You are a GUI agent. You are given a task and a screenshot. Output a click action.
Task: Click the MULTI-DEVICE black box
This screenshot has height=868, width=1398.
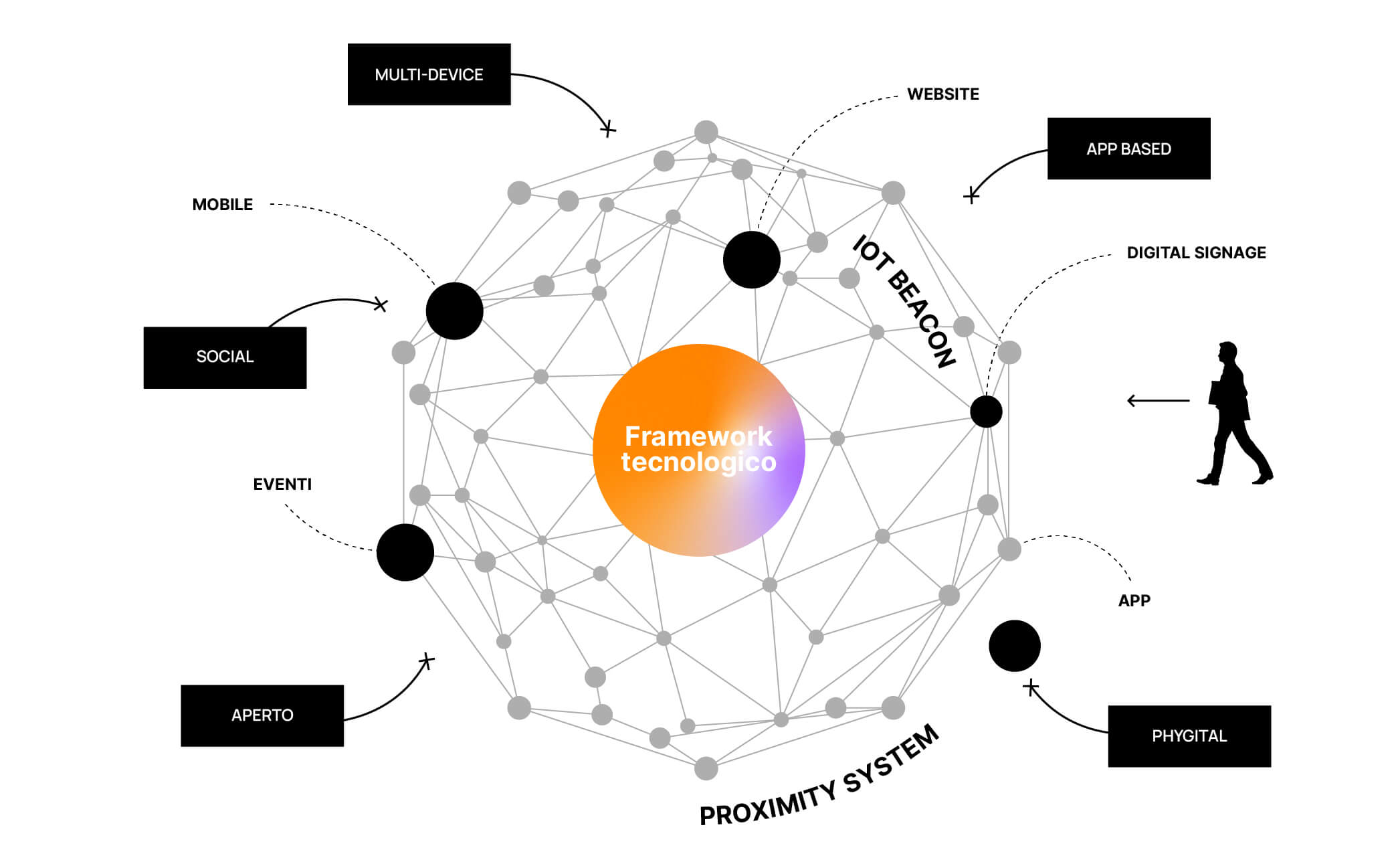[429, 74]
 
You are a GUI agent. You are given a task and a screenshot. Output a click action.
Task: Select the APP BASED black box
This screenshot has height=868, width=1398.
[1128, 149]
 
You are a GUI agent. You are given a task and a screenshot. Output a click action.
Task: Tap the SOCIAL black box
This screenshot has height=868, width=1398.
[225, 357]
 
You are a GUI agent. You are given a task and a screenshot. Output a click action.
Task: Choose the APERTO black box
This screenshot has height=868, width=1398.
[262, 715]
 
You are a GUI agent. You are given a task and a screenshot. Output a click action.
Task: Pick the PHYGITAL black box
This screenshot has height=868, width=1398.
[1189, 736]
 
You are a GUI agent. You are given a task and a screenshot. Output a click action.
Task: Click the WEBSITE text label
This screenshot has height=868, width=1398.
[942, 94]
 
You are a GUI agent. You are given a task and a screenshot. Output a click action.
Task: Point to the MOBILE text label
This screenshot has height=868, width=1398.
[223, 205]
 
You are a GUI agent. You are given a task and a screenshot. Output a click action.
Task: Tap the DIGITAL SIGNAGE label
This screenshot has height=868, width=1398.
[1196, 253]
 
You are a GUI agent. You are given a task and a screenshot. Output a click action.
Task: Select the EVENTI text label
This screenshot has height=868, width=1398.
[282, 485]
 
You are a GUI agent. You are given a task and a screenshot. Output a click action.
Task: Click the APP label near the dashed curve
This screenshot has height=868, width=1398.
[1134, 601]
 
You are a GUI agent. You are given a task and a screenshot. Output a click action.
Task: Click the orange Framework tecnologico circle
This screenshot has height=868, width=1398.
[698, 450]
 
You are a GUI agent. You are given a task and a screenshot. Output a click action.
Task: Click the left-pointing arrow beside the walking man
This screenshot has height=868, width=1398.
[1158, 401]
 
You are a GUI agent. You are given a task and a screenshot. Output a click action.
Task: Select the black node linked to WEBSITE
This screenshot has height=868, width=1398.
[752, 260]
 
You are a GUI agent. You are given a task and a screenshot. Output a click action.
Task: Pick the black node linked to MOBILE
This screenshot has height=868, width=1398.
[454, 311]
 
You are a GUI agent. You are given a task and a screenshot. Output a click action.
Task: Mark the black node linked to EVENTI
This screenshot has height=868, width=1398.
[405, 552]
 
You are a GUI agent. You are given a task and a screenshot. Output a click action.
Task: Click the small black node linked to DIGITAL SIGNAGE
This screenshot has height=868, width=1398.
[986, 412]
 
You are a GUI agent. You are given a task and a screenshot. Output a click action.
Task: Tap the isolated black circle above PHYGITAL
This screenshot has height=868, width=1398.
[1015, 646]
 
